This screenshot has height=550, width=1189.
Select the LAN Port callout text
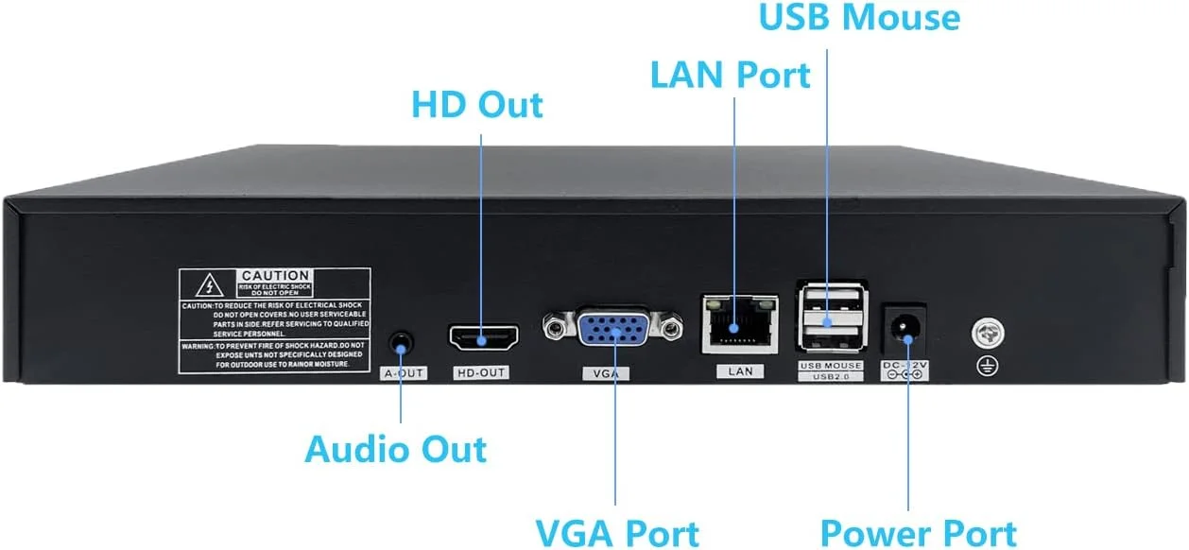coord(730,75)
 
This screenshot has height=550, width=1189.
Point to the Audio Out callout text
coord(395,449)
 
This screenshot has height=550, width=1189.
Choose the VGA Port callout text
coord(617,532)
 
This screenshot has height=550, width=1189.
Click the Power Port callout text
coord(918,532)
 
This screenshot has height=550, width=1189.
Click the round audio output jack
coord(402,342)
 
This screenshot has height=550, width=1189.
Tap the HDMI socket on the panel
coord(484,337)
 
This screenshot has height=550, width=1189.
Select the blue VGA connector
coord(612,331)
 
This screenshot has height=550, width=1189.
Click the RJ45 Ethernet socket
coord(739,323)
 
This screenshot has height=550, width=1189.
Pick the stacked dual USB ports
coord(831,318)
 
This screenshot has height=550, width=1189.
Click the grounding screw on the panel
coord(988,333)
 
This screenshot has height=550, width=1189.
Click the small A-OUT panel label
coord(403,373)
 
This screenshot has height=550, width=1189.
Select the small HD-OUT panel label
coord(481,373)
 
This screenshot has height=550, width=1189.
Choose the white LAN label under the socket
coord(740,371)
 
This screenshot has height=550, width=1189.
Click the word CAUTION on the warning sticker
coord(274,276)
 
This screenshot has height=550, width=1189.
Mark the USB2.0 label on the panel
coord(831,377)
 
